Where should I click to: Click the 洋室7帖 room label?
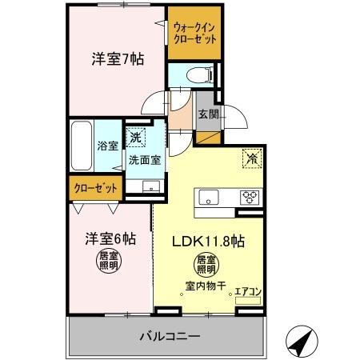pos(118,59)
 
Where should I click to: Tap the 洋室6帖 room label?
pos(110,238)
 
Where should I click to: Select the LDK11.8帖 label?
pos(208,242)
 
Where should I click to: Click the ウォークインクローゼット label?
pos(194,34)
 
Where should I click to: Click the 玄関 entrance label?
pos(208,114)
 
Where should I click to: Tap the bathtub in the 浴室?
pos(82,146)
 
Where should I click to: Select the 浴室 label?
pos(107,146)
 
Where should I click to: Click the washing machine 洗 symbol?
pos(136,138)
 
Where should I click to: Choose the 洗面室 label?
pos(145,160)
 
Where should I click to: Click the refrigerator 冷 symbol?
pos(252,158)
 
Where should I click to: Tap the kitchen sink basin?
pos(209,197)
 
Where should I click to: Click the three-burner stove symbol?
pos(250,198)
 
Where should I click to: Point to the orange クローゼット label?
pos(96,188)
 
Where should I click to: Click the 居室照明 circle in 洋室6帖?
pos(109,262)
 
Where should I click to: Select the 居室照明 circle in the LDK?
pos(206,265)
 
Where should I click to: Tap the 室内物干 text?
pos(206,286)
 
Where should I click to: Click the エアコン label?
pos(248,292)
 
